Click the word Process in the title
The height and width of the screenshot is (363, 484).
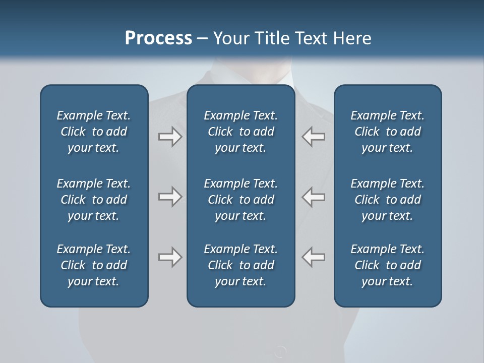158,38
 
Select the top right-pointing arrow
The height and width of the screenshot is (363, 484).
170,137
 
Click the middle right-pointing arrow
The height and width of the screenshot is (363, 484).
170,197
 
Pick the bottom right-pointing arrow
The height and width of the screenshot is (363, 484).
170,257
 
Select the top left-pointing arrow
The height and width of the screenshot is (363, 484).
314,137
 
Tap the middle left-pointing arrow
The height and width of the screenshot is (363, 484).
314,197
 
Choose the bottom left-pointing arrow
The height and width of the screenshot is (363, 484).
314,257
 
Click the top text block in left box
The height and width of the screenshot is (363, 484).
94,132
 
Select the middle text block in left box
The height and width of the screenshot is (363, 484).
94,200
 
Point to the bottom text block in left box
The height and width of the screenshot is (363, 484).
94,265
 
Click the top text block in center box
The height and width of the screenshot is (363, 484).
240,132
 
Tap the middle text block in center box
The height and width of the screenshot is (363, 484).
240,200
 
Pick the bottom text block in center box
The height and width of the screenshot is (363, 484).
240,265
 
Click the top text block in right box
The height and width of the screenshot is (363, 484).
387,132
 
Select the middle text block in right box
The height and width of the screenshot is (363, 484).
387,200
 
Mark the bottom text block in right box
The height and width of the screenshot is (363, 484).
387,265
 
